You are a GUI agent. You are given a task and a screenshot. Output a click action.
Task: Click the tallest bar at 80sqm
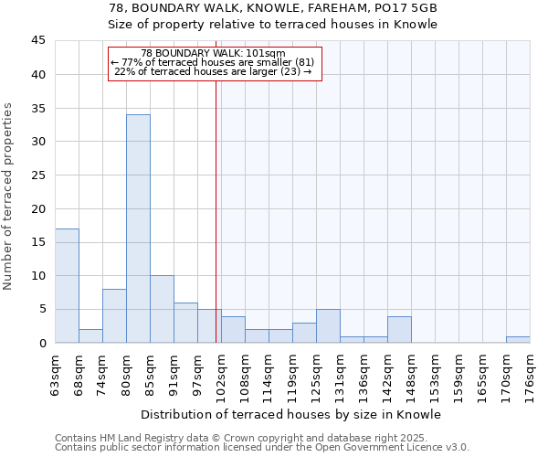[138, 228]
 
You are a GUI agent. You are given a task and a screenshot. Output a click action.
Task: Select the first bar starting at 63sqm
[67, 285]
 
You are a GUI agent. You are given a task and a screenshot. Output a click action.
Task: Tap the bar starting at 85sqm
[162, 309]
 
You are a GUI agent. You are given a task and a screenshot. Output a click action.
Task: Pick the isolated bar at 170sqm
[518, 339]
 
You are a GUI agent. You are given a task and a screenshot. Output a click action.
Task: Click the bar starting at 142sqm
[399, 329]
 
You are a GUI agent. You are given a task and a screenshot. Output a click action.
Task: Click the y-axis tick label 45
[37, 41]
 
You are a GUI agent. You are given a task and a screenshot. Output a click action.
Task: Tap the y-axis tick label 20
[37, 208]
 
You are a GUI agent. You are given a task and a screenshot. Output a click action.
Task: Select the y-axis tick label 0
[41, 343]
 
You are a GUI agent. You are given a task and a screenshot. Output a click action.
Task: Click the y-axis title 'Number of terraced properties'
[8, 196]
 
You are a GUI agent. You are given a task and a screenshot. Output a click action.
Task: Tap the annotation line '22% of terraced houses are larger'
[215, 71]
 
